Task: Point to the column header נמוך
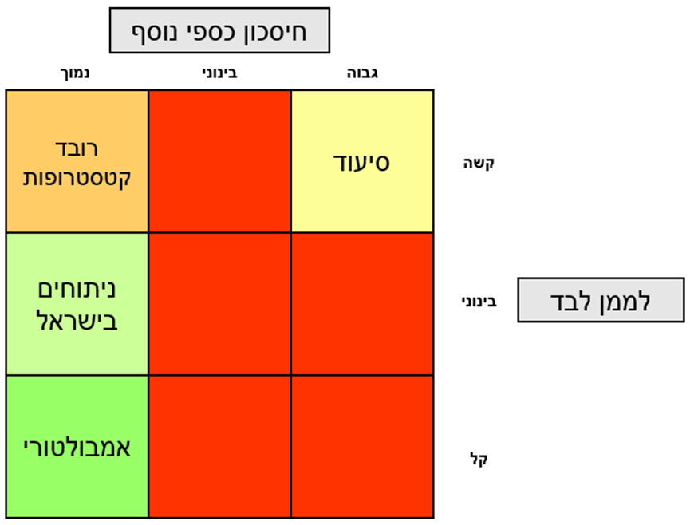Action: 77,74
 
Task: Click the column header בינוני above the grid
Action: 219,74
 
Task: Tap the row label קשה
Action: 479,164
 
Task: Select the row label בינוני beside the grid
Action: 479,302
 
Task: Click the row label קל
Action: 479,460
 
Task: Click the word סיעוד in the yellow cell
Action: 361,162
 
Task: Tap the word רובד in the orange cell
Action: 77,148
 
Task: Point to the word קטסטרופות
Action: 77,176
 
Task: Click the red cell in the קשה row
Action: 219,161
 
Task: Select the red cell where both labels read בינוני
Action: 219,304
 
